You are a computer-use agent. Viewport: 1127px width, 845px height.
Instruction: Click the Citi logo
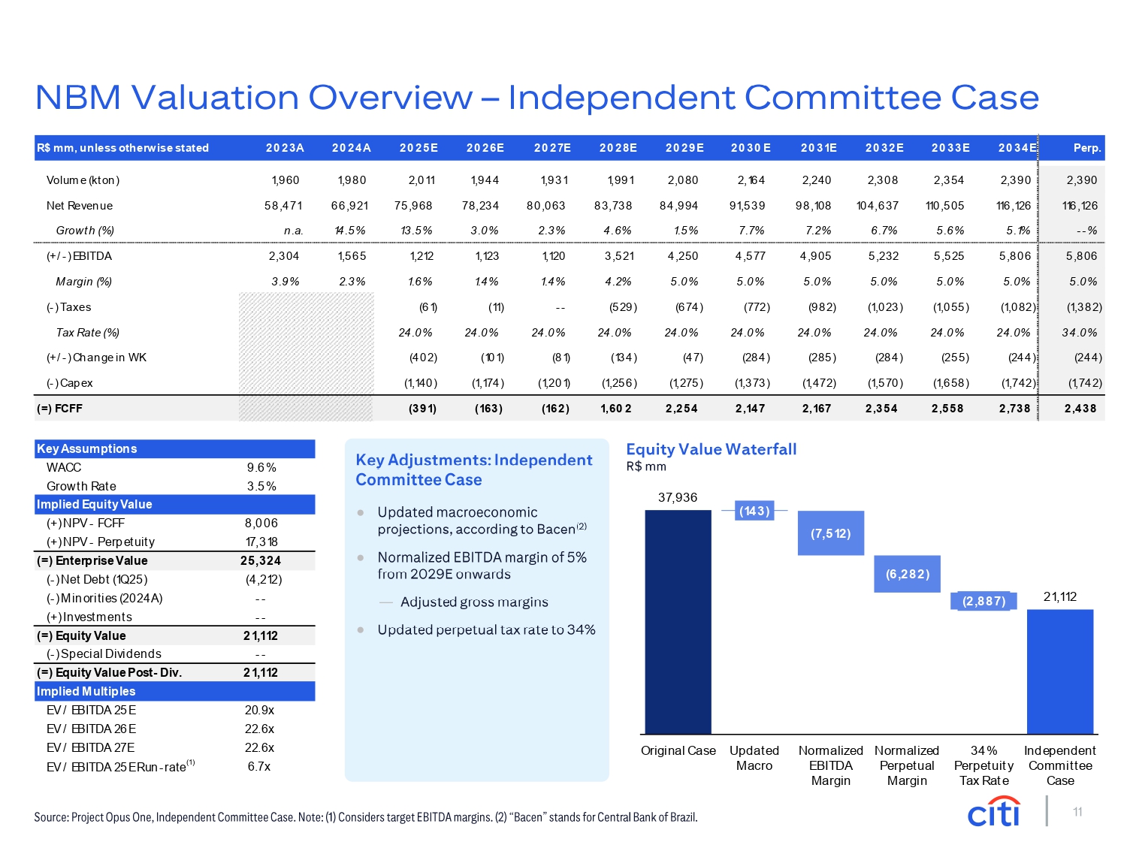tap(994, 812)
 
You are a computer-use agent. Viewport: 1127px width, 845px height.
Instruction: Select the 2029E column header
tap(684, 148)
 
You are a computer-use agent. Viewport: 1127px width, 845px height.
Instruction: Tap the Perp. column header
tap(1086, 148)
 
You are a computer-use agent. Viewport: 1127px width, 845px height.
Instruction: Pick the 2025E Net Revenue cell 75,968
tap(414, 206)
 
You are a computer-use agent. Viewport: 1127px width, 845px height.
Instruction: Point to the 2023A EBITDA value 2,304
tap(284, 256)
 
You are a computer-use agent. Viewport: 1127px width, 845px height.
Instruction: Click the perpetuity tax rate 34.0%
tap(1079, 333)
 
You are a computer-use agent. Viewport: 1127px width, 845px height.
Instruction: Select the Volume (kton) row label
tap(83, 180)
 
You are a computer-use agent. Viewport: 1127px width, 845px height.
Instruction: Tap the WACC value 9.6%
tap(261, 467)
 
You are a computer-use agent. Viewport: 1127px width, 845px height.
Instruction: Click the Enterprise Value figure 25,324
tap(260, 561)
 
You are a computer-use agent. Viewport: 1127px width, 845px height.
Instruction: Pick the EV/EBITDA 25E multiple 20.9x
tap(259, 710)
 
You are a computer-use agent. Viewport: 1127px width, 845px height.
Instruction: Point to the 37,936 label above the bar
tap(678, 497)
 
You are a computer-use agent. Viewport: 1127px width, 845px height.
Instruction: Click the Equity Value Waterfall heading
tap(711, 449)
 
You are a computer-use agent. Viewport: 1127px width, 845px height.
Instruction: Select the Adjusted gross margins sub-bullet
tap(474, 602)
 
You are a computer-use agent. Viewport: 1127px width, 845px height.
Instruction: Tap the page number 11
tap(1077, 812)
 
